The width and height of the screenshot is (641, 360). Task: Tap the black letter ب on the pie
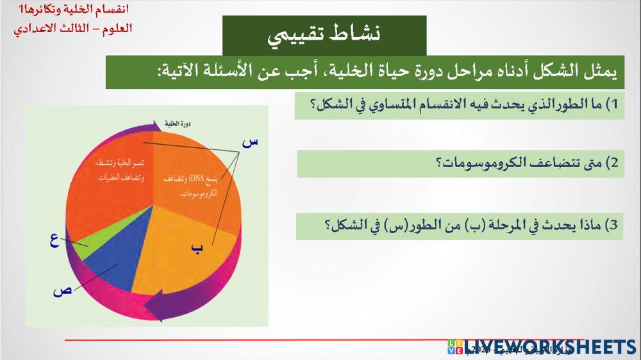(x=197, y=248)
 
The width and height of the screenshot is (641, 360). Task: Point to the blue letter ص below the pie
(x=62, y=290)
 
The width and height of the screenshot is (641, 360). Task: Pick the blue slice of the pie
(x=109, y=269)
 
